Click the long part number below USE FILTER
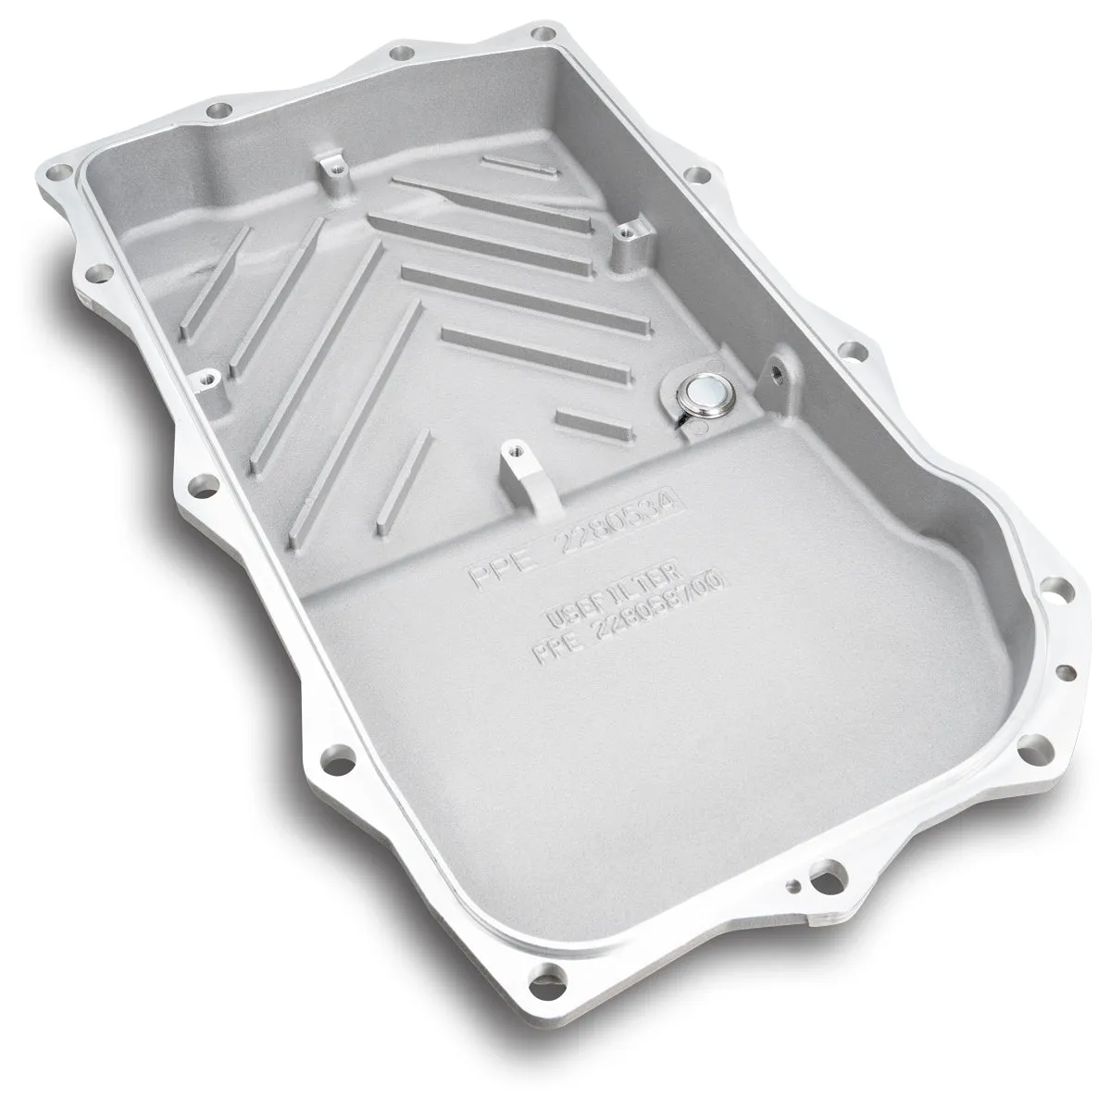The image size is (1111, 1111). tap(630, 618)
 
